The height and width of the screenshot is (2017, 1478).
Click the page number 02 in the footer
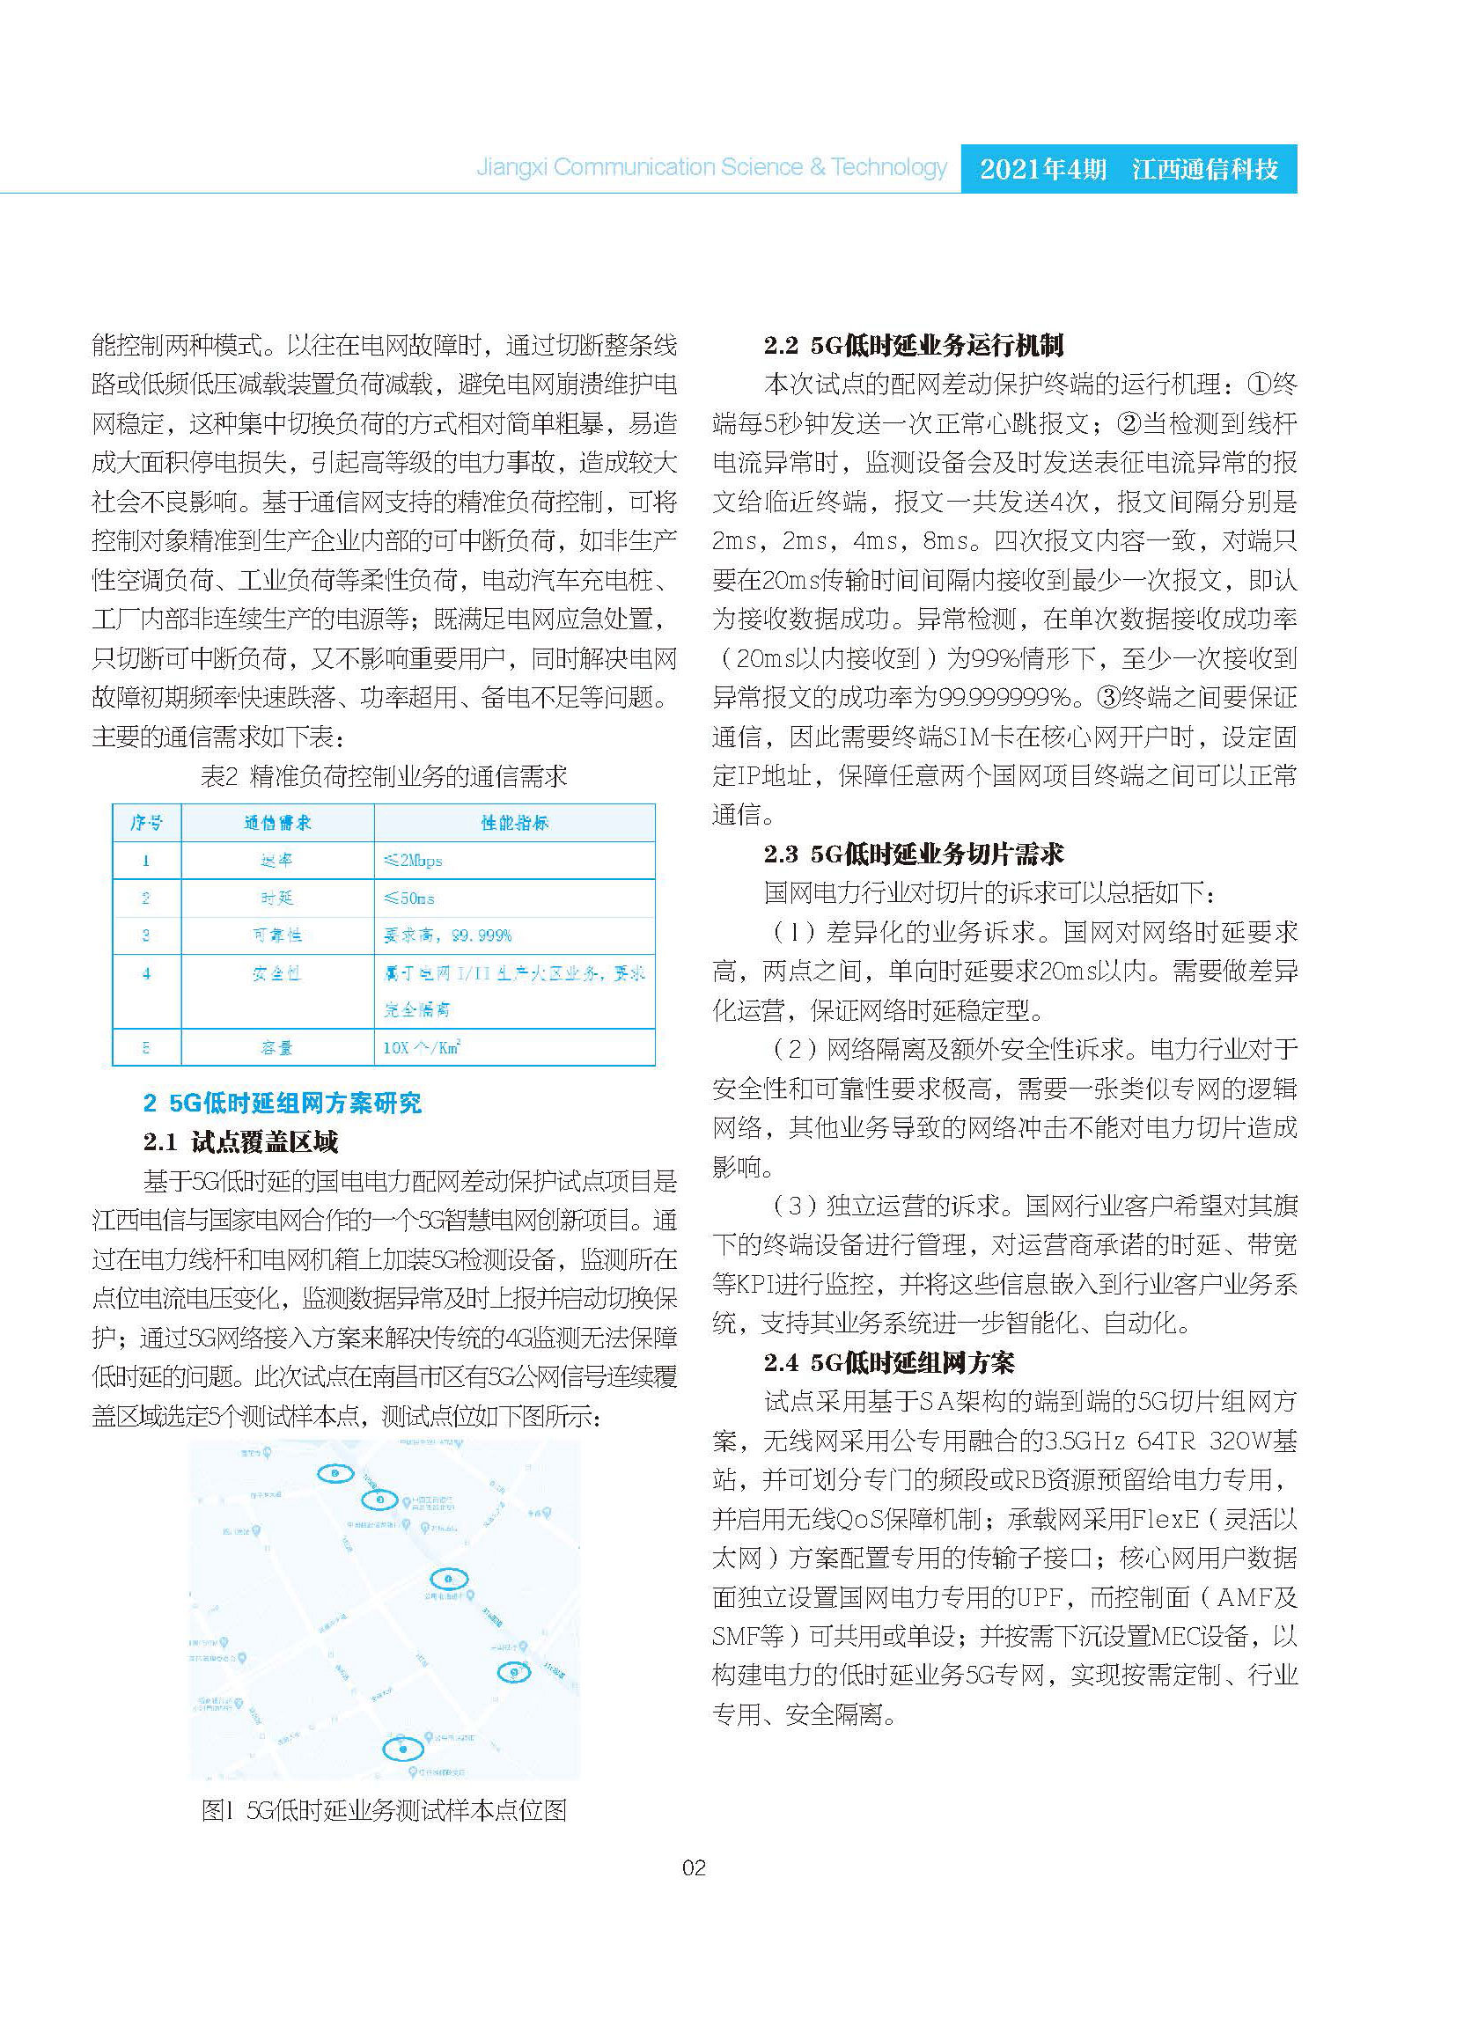(694, 1867)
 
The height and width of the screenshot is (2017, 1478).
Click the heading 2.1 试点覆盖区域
(239, 1141)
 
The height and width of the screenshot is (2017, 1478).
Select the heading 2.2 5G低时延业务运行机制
(914, 345)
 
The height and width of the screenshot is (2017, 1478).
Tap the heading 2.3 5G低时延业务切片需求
(914, 854)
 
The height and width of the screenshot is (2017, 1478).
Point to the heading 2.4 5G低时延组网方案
(889, 1362)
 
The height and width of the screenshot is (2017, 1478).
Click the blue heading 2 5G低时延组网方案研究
(282, 1103)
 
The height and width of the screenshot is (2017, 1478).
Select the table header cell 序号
(147, 822)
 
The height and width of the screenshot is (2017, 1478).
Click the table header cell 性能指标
(514, 822)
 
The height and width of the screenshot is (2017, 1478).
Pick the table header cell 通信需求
(277, 822)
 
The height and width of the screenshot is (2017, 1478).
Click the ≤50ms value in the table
(409, 898)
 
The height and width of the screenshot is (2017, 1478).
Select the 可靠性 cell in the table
(276, 935)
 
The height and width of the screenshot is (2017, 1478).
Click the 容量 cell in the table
(276, 1047)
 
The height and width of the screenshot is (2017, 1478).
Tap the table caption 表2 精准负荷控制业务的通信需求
(384, 776)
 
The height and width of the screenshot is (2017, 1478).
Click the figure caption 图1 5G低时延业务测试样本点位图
(384, 1810)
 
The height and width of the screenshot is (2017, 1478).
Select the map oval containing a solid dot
(403, 1749)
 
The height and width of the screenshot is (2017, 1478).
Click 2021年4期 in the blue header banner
(1042, 169)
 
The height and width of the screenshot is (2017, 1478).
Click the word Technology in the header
(888, 167)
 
